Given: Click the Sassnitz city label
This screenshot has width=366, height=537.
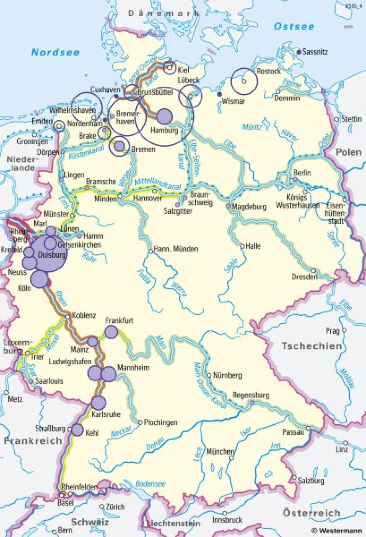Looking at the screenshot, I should [315, 52].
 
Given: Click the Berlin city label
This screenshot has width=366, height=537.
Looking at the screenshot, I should [302, 173].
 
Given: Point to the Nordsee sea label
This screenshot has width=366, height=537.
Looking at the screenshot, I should [55, 52].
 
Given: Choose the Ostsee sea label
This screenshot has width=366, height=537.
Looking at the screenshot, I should [294, 26].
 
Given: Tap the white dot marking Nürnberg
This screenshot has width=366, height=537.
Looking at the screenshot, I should [209, 375].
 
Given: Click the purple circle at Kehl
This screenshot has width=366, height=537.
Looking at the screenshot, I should [77, 430].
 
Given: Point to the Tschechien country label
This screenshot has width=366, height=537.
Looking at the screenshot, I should [311, 346].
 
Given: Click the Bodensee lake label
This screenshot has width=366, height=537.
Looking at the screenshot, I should [150, 484].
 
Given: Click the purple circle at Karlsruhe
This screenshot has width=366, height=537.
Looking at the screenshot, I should [98, 403].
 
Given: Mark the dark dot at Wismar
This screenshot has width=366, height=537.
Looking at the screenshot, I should [219, 94].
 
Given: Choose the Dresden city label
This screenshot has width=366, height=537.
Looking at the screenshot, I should [304, 277].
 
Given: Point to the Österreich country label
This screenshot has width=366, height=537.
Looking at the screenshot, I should [311, 513].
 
